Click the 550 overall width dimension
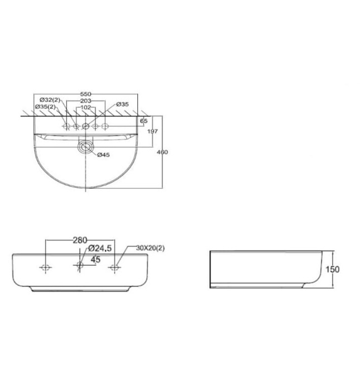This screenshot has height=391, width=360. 85,94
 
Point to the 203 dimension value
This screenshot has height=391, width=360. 85,101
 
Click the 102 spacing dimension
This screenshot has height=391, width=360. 85,107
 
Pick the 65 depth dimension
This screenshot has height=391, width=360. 144,121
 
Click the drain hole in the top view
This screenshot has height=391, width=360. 85,148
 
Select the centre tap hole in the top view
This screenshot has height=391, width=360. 85,127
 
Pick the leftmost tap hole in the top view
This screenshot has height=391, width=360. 66,127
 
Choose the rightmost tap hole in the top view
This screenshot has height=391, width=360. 104,127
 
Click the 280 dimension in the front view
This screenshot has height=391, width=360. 80,240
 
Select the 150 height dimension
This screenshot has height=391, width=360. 333,269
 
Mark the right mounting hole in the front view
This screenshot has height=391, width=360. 116,268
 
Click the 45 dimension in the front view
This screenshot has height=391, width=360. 95,259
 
